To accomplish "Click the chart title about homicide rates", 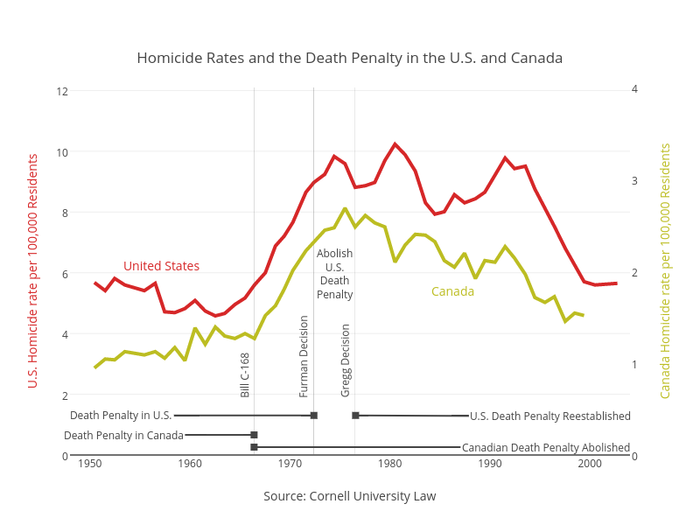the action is point(349,58).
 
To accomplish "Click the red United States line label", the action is point(161,266).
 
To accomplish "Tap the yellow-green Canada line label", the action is point(452,291).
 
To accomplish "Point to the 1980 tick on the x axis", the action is point(389,464).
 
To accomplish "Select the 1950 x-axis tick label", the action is point(90,464).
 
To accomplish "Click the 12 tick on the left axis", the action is point(62,92).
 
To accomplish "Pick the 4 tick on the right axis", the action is point(634,89).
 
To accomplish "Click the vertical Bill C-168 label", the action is point(245,375).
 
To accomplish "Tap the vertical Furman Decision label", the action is point(304,356).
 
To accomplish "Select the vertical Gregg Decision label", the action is point(345,360).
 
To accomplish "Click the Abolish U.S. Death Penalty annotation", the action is point(334,274).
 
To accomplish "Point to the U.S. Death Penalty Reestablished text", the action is point(550,416).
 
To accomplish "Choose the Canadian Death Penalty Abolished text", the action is point(545,447).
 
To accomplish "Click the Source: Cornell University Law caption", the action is point(349,496).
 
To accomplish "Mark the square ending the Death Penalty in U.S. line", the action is point(314,416).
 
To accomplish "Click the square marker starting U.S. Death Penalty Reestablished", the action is point(355,416).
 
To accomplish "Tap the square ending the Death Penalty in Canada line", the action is point(254,435).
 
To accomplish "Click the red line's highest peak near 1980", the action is point(395,144).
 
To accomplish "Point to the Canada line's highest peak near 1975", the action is point(345,208).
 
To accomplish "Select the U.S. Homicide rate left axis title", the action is point(32,271).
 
